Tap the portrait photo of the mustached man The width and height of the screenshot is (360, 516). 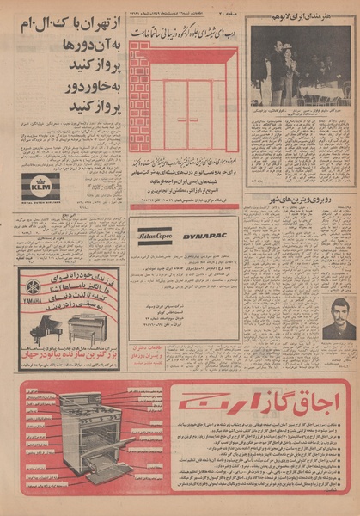tap(339, 317)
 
